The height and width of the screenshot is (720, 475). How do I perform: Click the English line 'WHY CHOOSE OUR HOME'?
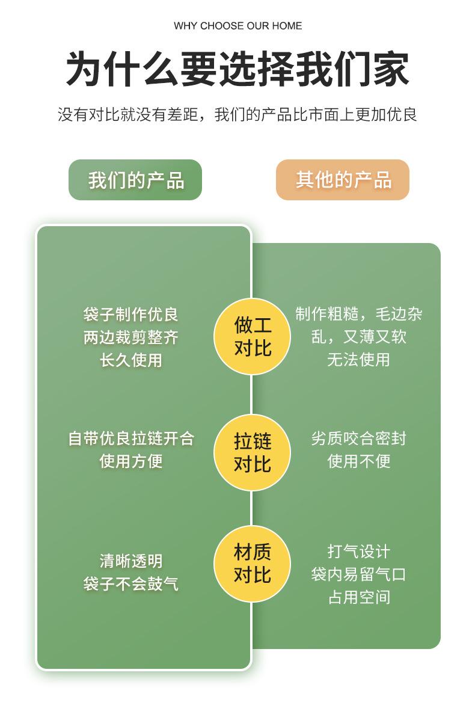coord(237,26)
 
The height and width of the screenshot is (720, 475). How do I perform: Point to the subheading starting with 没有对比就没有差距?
coord(237,114)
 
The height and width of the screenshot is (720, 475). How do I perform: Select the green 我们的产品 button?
coord(135,180)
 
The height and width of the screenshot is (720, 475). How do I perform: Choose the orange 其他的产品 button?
coord(343,180)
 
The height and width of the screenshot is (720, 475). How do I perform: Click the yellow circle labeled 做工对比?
coord(253,336)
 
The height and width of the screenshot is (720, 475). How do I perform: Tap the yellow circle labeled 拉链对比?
coord(253,452)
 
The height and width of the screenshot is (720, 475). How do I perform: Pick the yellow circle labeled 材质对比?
coord(253,563)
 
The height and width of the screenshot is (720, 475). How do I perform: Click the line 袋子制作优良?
coord(131,314)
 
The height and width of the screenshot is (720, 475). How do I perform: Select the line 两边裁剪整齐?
coord(131,337)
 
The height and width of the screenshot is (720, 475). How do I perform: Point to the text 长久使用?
coord(131,360)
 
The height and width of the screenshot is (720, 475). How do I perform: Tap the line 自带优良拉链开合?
coord(131,438)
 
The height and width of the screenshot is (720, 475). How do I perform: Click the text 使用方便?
coord(131,461)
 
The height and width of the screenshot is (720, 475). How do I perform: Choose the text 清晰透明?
coord(131,561)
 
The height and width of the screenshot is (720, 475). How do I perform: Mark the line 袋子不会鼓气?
coord(131,583)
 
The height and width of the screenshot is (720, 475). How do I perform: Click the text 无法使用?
coord(358,360)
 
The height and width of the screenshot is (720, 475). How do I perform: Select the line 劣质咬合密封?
coord(358,438)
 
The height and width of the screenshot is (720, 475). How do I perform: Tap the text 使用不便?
coord(358,461)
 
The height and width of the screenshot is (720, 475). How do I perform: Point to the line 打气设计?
coord(358,551)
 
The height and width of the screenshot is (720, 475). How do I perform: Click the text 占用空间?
coord(358,597)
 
